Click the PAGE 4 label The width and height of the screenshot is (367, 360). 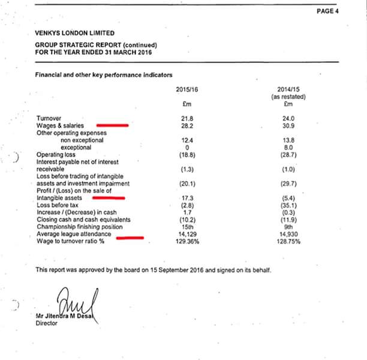tap(327, 11)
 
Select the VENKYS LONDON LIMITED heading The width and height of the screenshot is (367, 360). tap(74, 34)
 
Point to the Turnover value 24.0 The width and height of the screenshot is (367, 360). tap(288, 118)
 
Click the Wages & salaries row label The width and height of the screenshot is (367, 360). tap(59, 125)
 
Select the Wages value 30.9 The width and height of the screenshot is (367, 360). tap(288, 125)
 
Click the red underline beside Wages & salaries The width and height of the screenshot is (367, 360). tap(112, 125)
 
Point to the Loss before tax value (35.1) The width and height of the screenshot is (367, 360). tap(288, 205)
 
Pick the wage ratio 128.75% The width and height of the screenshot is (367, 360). tap(288, 241)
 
